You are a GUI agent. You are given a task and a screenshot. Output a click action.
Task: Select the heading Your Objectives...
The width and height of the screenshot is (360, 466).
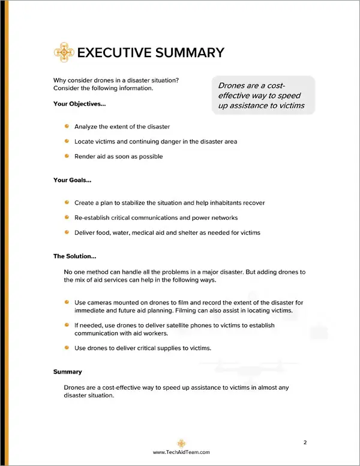tap(79, 104)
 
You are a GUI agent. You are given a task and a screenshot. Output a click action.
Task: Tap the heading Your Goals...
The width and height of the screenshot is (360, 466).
tap(72, 180)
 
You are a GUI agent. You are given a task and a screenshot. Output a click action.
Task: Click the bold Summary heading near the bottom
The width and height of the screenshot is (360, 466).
tap(67, 372)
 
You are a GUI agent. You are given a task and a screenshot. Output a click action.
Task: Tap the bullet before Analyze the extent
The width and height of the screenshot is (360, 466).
tap(67, 126)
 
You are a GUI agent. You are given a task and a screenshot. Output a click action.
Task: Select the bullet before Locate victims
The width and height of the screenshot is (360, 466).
tap(67, 141)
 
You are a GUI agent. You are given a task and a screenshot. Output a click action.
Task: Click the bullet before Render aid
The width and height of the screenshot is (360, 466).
tap(67, 156)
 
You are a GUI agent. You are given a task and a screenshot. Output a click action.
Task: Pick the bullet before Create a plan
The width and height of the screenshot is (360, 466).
tap(67, 202)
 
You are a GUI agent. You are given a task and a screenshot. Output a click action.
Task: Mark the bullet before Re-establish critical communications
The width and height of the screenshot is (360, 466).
tap(67, 217)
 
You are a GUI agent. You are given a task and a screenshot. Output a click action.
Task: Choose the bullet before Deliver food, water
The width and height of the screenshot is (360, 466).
tap(67, 232)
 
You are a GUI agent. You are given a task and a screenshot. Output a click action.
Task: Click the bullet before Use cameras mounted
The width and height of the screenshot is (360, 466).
tap(67, 302)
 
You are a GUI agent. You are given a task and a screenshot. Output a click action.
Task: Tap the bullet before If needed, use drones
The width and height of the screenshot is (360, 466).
tap(67, 325)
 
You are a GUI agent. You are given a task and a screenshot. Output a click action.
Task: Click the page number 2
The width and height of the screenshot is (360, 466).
tap(305, 443)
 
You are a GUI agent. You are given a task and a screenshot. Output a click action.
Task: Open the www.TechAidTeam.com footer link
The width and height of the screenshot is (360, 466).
tap(181, 453)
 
